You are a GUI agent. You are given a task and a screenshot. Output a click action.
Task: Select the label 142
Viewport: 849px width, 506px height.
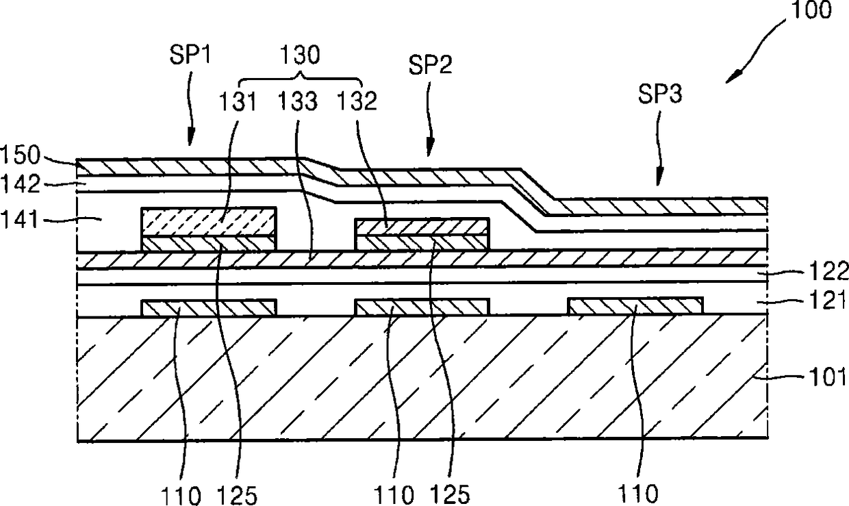(x=18, y=185)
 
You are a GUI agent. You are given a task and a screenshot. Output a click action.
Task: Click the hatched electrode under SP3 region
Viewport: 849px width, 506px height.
(x=635, y=306)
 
